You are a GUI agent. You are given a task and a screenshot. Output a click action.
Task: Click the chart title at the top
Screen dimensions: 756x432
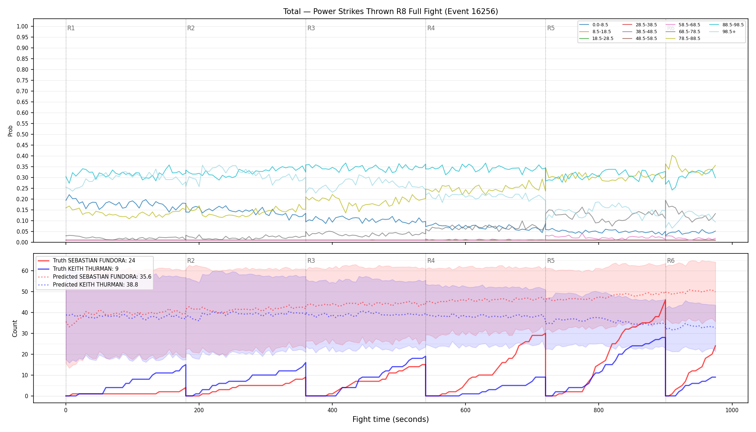click(x=391, y=12)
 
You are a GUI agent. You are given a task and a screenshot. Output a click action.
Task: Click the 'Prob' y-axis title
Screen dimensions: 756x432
click(x=10, y=131)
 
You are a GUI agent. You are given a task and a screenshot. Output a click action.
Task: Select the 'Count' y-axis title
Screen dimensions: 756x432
click(x=15, y=328)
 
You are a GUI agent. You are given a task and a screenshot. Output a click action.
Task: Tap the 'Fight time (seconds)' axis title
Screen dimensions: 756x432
click(x=391, y=419)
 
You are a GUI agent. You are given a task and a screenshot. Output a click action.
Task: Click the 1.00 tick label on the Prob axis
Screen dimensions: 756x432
click(x=22, y=26)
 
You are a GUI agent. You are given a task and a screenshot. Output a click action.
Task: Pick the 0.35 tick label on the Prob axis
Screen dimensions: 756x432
click(x=22, y=167)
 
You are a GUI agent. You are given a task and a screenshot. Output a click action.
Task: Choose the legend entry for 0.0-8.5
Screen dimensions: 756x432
click(x=594, y=25)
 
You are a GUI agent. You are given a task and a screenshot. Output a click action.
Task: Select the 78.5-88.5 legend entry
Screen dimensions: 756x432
click(x=683, y=39)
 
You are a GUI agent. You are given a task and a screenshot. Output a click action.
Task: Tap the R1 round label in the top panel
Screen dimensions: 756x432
click(x=71, y=28)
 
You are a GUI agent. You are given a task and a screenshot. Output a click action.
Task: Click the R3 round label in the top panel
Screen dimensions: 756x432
click(x=311, y=28)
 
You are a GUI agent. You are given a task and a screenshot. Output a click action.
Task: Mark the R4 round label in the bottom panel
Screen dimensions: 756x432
click(x=431, y=261)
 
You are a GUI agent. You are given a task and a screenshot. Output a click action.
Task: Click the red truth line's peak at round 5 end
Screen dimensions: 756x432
click(x=665, y=300)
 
